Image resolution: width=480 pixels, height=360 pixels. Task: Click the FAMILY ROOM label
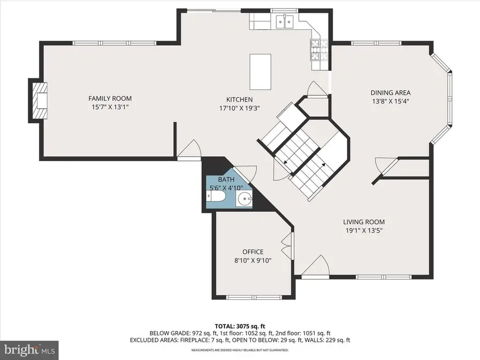tap(110, 98)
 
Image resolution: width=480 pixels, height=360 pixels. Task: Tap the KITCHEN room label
tap(239, 99)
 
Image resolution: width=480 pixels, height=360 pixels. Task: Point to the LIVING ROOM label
tap(364, 222)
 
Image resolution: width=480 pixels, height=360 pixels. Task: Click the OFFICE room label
tap(253, 252)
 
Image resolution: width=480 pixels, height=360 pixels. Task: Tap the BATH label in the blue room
tap(226, 180)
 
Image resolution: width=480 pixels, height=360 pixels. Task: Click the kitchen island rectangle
tap(260, 72)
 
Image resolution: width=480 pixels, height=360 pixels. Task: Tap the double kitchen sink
tap(286, 22)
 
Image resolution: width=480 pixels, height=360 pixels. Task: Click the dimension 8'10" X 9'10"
tap(253, 260)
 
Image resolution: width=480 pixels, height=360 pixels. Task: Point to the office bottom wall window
tap(253, 297)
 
